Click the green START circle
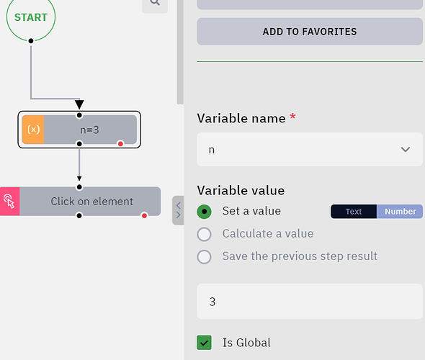point(31,17)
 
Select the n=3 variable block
point(79,130)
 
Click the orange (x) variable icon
point(33,130)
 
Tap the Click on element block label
point(92,202)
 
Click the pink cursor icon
point(9,202)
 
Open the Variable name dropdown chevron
point(406,149)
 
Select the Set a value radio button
point(204,211)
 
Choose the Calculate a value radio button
point(204,234)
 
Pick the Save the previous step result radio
point(204,256)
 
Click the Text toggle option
point(354,211)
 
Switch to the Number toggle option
point(400,211)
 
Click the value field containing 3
point(310,301)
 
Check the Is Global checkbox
point(204,343)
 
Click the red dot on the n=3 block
point(120,143)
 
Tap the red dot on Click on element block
point(144,215)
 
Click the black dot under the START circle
point(31,41)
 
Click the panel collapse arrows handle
point(178,210)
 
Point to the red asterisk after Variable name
point(292,117)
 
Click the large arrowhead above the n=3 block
point(79,104)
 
